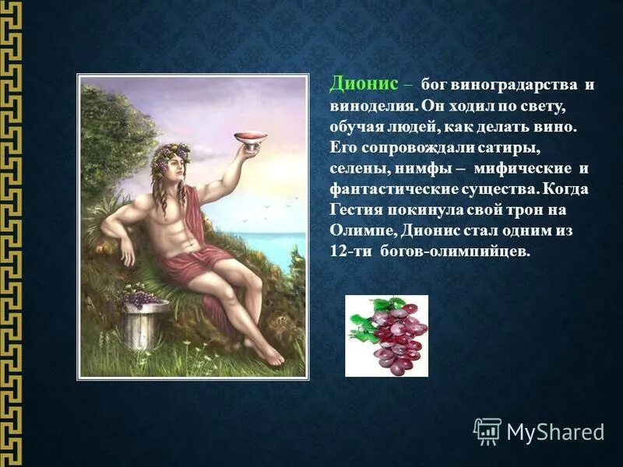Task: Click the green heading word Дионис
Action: point(364,83)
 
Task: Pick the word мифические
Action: point(523,168)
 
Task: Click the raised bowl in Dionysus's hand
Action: point(251,138)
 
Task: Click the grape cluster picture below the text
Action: point(387,335)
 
